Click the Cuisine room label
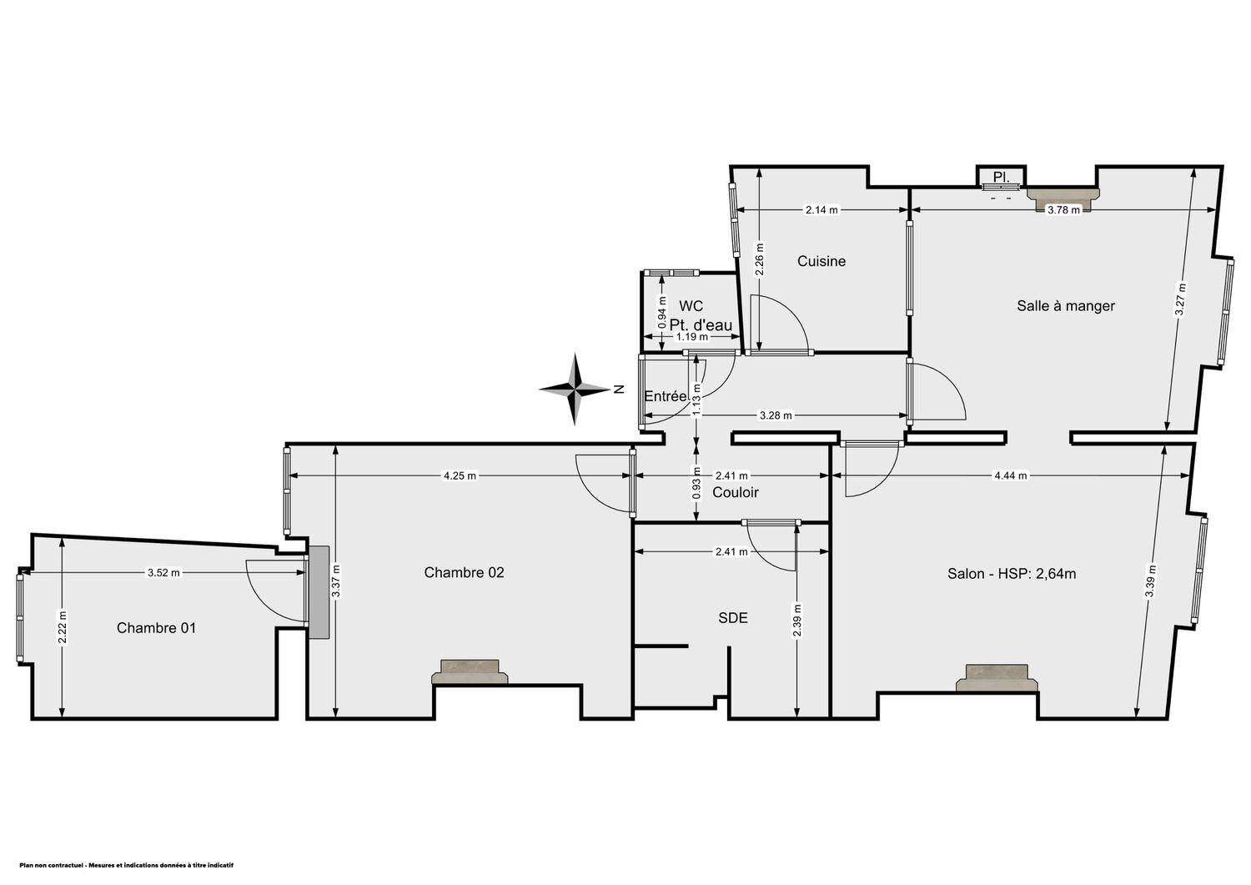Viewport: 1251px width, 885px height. point(821,261)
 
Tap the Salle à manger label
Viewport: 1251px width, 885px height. point(1066,305)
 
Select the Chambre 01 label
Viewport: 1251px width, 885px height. point(157,628)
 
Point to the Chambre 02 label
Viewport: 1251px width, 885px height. point(464,572)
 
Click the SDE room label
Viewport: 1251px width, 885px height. point(733,618)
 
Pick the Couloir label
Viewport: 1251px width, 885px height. point(736,492)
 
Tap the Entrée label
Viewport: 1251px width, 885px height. point(666,396)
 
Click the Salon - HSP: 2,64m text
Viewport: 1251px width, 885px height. point(1012,574)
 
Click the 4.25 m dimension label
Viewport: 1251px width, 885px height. point(460,476)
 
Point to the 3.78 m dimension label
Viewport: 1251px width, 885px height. point(1063,210)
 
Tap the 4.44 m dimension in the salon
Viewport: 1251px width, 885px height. point(1010,476)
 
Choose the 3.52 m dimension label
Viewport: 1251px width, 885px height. point(163,573)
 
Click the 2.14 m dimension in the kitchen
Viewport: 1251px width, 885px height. point(821,210)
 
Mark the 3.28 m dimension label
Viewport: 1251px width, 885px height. point(775,415)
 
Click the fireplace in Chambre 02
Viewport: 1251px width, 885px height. point(470,672)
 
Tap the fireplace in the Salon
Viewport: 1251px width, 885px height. point(997,677)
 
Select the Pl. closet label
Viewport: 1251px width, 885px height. point(1002,177)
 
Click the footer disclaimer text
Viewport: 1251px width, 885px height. point(126,866)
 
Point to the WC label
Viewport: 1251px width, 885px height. point(691,306)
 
